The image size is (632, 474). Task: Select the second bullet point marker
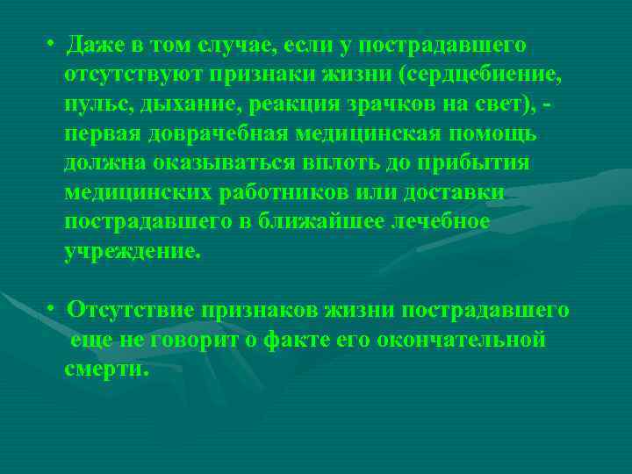pos(54,311)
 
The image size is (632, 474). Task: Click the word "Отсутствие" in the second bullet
pos(132,311)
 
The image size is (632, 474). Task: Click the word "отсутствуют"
pos(135,74)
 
